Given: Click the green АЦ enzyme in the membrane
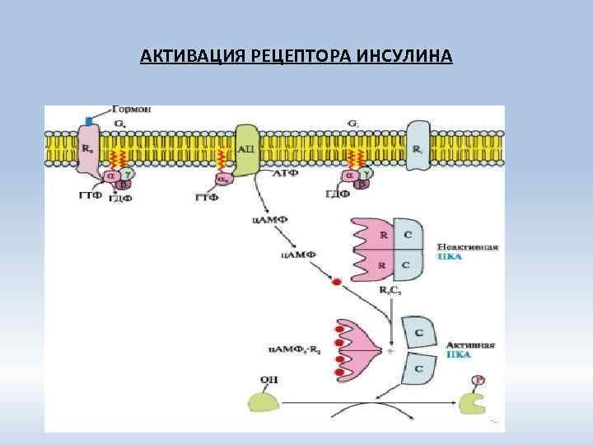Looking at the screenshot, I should tap(246, 148).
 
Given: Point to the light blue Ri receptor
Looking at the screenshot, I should tap(418, 148).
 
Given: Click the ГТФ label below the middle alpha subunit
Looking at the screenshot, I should tap(206, 198).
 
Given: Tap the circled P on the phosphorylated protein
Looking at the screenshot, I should tap(478, 380).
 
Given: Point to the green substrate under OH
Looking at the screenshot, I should tap(268, 401).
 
